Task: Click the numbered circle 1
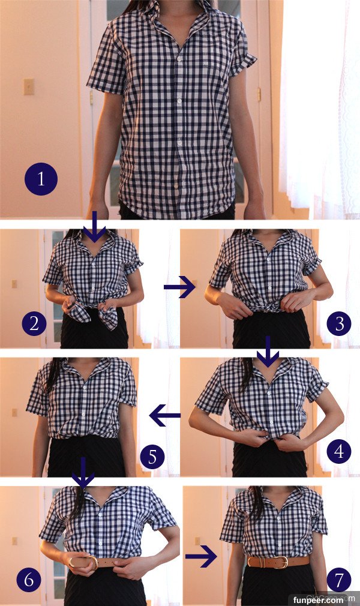(x=41, y=179)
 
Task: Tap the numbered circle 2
(x=34, y=323)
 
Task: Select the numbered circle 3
(x=339, y=323)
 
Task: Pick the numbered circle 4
(x=339, y=451)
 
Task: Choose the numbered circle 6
(x=29, y=580)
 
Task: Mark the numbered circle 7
(x=339, y=580)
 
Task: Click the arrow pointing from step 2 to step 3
(x=179, y=287)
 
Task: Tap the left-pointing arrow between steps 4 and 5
(x=165, y=415)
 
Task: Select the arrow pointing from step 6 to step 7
(x=201, y=557)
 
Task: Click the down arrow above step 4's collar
(x=268, y=351)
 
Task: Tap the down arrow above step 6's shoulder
(x=83, y=472)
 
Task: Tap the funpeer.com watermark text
(x=318, y=600)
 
